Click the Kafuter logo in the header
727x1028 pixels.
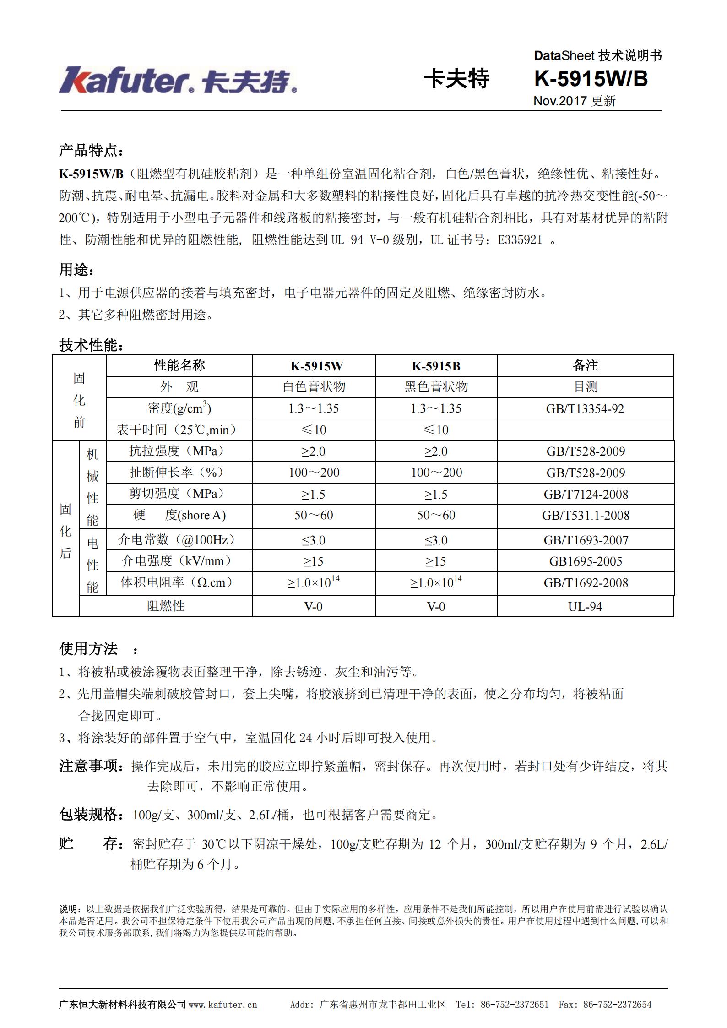pos(178,81)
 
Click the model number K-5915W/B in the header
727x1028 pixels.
pos(591,79)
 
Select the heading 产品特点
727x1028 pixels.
pos(91,150)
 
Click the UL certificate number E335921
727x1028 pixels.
pos(520,239)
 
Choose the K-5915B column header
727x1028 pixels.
pos(436,366)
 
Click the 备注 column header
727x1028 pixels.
pos(585,365)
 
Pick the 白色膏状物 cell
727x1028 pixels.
pos(314,387)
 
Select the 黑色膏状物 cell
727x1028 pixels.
pos(436,387)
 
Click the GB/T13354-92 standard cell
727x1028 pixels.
pos(585,408)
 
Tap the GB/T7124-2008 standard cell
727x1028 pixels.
pos(586,494)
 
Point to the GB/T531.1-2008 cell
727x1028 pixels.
pos(586,516)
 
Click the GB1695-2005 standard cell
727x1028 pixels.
pos(586,561)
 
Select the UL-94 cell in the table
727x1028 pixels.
pos(585,607)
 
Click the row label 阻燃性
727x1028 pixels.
pos(166,606)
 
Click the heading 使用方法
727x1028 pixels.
pos(88,648)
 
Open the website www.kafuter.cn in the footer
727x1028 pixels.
pos(222,1005)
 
